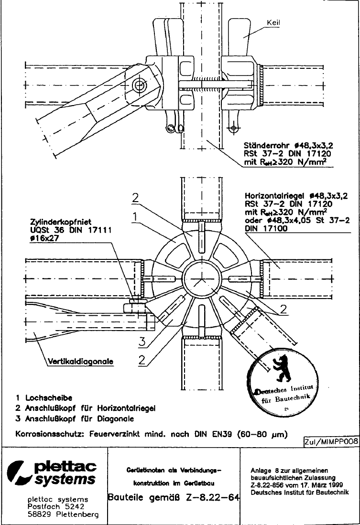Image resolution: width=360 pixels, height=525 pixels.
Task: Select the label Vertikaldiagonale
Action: [x=80, y=362]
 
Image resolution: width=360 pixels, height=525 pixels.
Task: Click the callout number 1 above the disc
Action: [x=136, y=216]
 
